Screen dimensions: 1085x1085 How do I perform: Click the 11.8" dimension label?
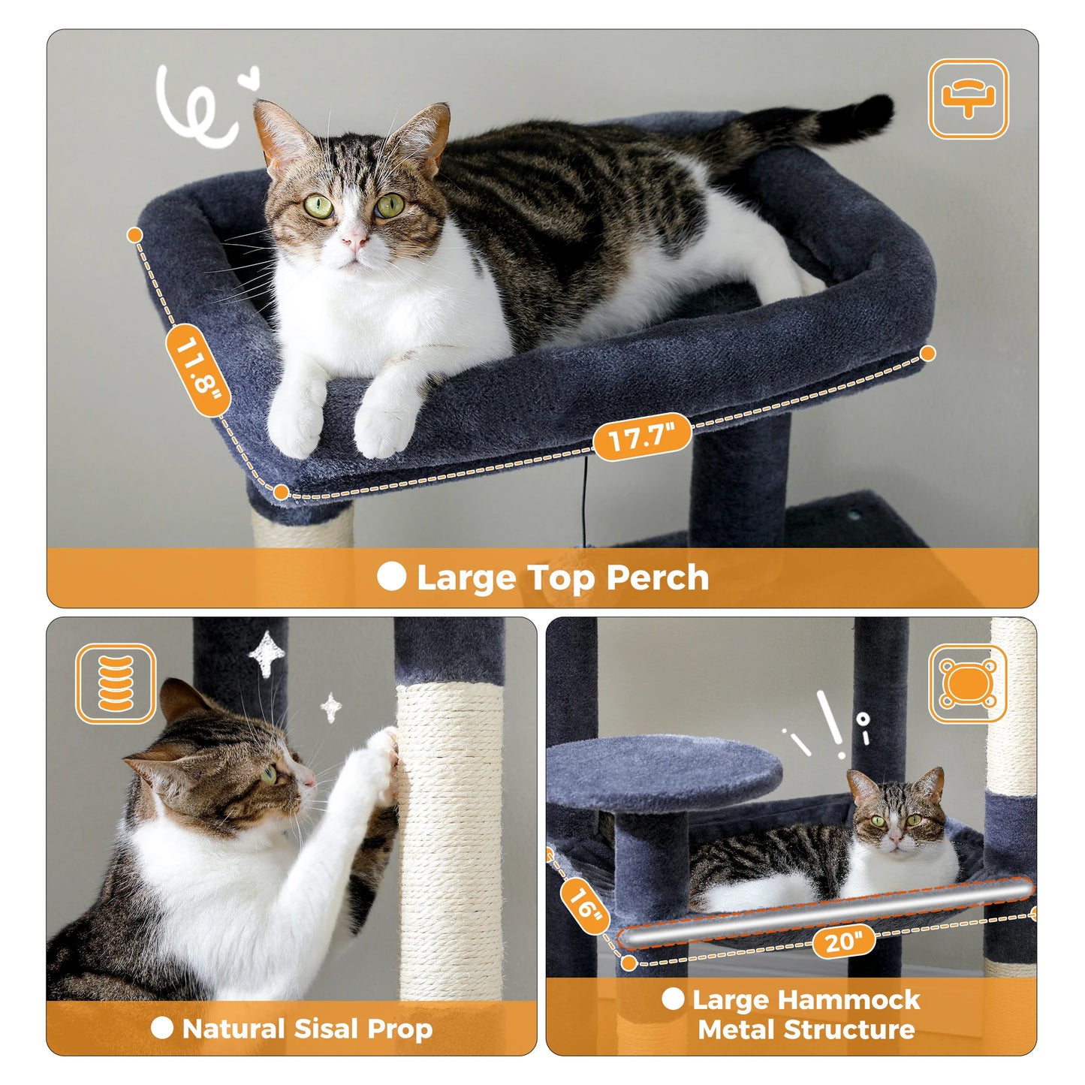pyautogui.click(x=197, y=370)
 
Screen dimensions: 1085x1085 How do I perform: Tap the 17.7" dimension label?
pyautogui.click(x=642, y=436)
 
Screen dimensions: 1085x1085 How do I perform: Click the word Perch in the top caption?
pyautogui.click(x=657, y=578)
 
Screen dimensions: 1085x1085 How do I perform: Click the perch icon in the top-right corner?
pyautogui.click(x=968, y=99)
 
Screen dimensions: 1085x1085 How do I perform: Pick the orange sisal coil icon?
pyautogui.click(x=116, y=683)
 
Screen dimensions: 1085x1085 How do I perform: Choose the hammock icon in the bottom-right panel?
pyautogui.click(x=968, y=683)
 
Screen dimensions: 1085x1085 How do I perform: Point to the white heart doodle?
pyautogui.click(x=249, y=77)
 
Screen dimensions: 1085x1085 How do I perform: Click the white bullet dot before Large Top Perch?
pyautogui.click(x=391, y=577)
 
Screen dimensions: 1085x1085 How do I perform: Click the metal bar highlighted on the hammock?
pyautogui.click(x=826, y=913)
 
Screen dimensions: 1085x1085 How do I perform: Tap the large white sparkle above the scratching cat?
pyautogui.click(x=267, y=653)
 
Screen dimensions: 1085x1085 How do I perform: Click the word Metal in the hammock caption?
pyautogui.click(x=736, y=1030)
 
